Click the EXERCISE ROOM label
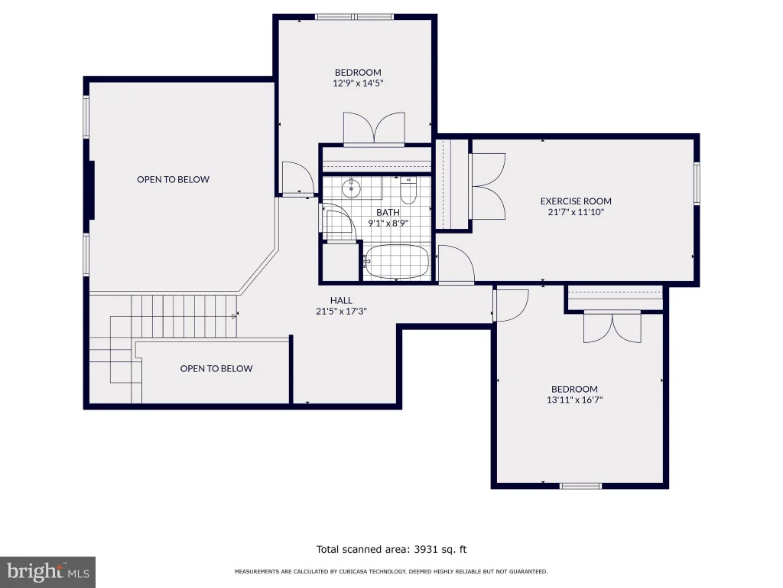pos(576,201)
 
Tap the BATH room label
pos(388,213)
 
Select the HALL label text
pos(341,300)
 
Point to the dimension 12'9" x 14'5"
pos(358,83)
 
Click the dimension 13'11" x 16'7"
pos(575,400)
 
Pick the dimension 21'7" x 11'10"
pos(576,212)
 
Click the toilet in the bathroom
pos(408,191)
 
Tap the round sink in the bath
pos(352,188)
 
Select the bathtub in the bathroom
pos(397,261)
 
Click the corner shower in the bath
pos(339,224)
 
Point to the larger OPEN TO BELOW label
pos(174,179)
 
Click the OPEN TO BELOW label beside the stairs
pos(216,368)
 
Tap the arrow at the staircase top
pos(234,316)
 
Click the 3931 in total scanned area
pos(426,550)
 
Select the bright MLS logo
pos(47,572)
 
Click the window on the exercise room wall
pos(697,183)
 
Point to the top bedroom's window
pos(355,17)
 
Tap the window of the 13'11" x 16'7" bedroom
pos(580,486)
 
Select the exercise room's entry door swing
pos(456,264)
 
